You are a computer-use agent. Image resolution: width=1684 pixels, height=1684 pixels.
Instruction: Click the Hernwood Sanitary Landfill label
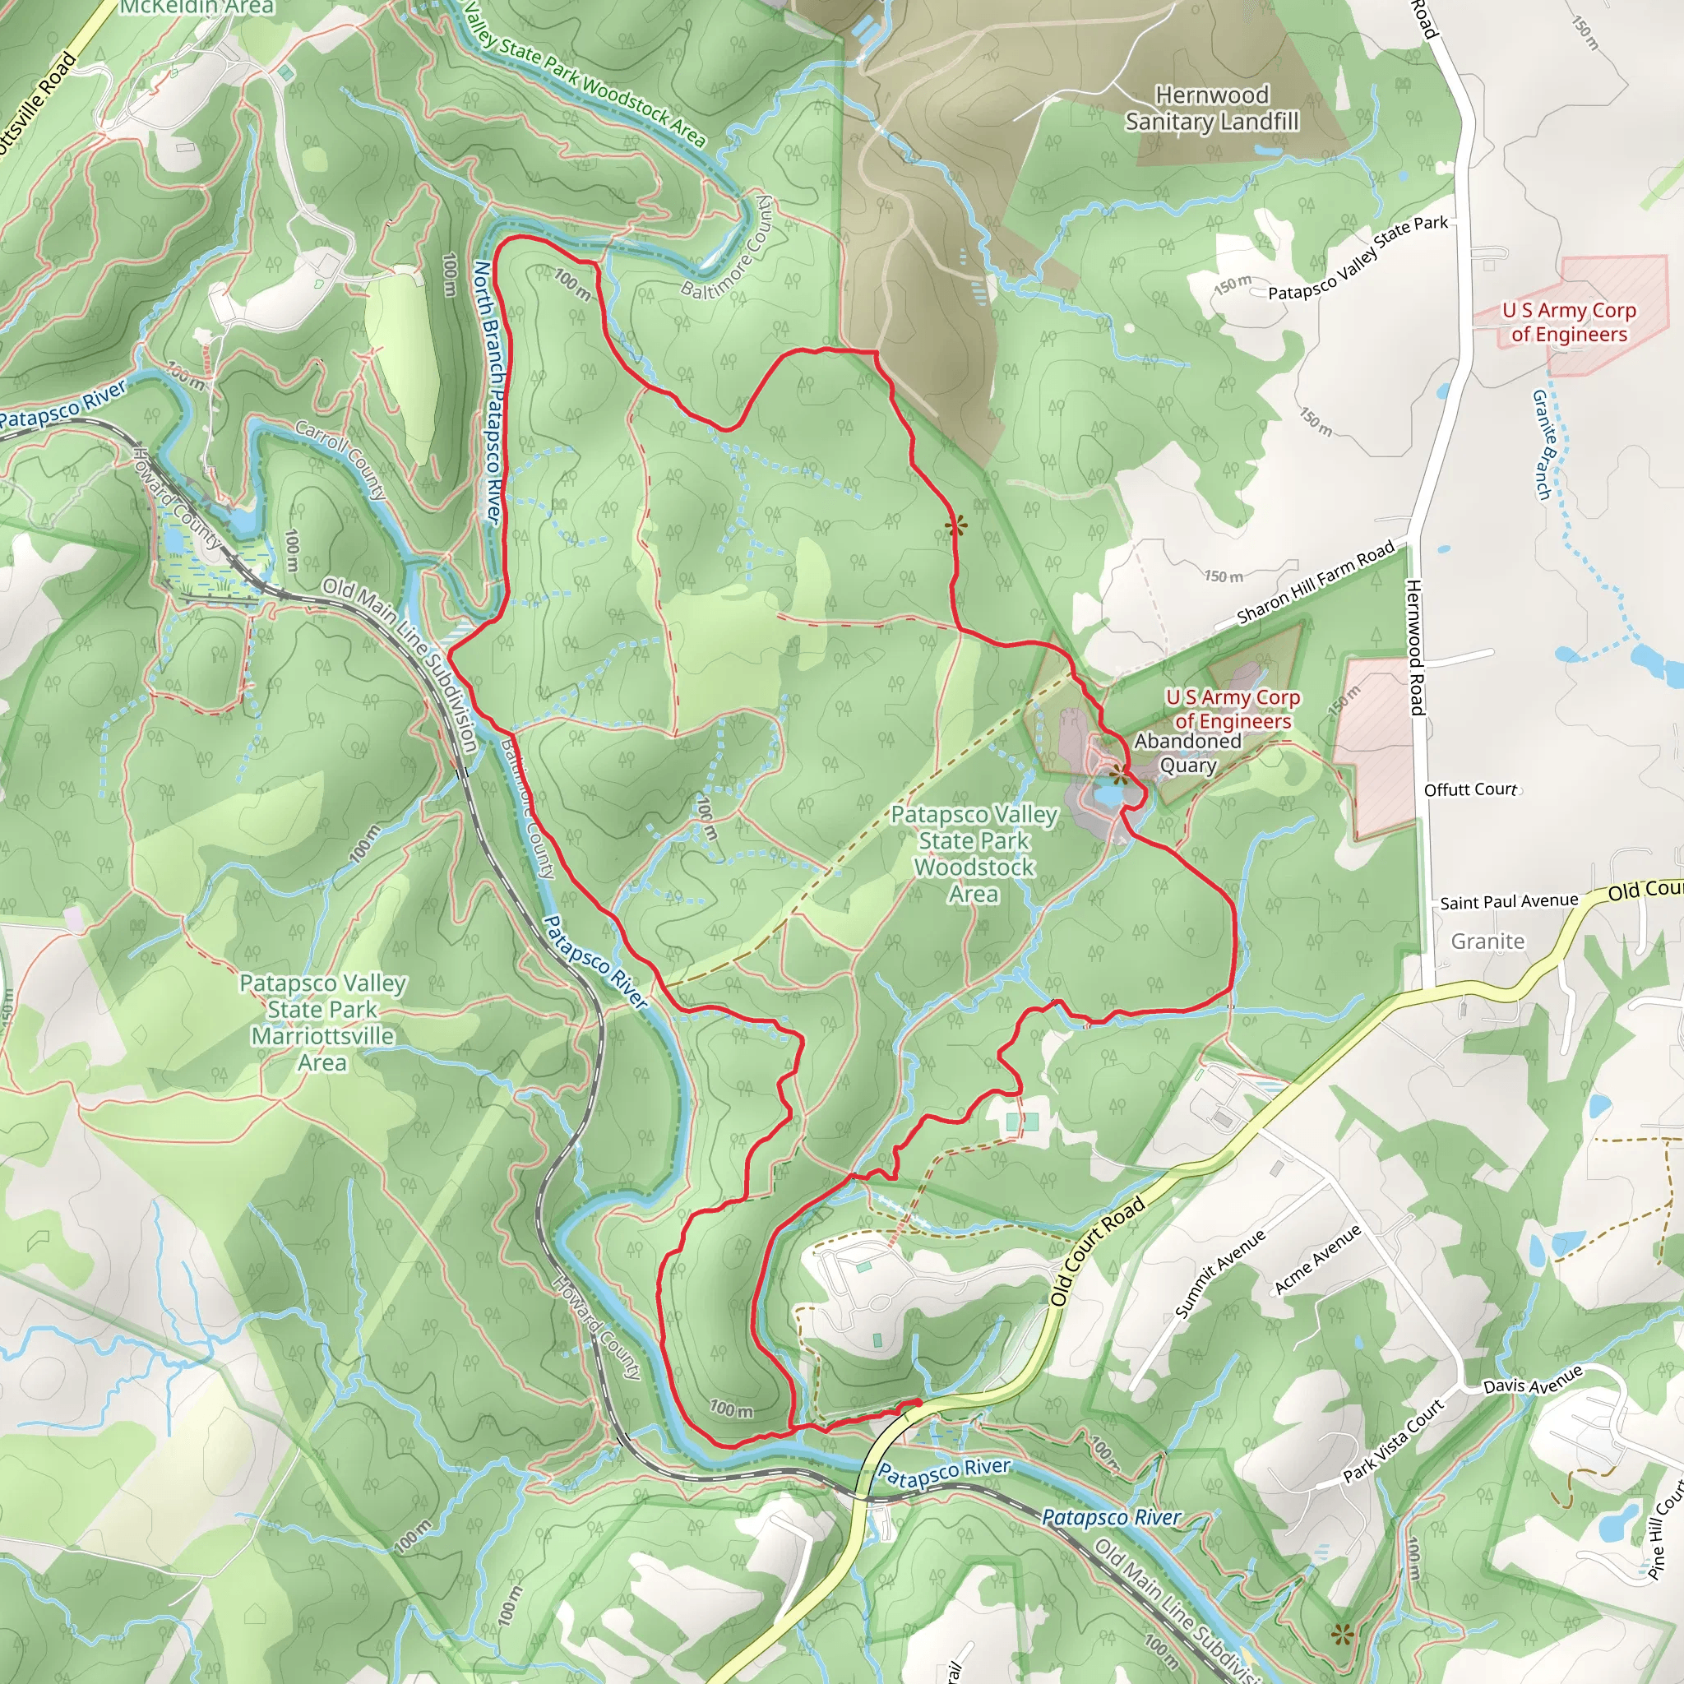click(1211, 108)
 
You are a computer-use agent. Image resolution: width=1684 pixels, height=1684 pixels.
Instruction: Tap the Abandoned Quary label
click(1187, 753)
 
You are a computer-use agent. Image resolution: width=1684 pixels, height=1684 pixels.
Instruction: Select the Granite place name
click(1487, 941)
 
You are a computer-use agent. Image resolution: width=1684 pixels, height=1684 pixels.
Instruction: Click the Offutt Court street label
click(1470, 789)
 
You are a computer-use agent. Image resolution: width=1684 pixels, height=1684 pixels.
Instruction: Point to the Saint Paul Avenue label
click(1508, 902)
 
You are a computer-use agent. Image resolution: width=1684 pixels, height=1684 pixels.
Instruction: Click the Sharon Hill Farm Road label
click(1316, 583)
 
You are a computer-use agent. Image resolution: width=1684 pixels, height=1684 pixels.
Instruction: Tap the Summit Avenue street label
click(1219, 1275)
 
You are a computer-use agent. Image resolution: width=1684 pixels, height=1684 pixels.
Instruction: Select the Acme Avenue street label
click(1317, 1260)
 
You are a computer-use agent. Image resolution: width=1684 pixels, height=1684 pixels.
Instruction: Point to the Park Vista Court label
click(1394, 1439)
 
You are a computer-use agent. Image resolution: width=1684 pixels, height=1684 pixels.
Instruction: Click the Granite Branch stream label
click(1543, 445)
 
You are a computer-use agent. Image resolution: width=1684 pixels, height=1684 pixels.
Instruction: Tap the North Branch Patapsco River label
click(488, 392)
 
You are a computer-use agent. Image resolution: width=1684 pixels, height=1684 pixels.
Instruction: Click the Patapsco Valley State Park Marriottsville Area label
click(322, 1022)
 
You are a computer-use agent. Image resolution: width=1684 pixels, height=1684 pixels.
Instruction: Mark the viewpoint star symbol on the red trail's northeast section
click(955, 525)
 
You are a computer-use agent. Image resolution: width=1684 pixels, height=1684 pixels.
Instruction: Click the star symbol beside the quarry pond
click(1118, 774)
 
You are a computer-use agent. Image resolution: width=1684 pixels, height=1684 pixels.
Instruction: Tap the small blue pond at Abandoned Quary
click(1107, 795)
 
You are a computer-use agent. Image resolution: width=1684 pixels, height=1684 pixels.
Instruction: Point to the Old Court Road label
click(1097, 1251)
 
